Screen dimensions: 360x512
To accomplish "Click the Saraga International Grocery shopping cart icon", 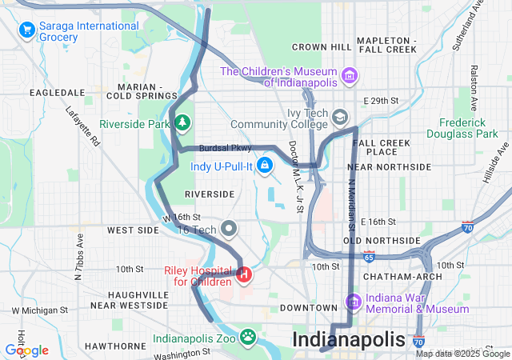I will pyautogui.click(x=28, y=30).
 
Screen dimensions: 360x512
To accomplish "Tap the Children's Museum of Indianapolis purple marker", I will pyautogui.click(x=349, y=76).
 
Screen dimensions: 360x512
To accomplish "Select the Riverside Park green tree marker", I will pyautogui.click(x=184, y=123).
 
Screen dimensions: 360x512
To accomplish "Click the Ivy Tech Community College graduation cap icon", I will pyautogui.click(x=341, y=118).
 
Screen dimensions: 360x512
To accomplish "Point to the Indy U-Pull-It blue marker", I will pyautogui.click(x=266, y=166).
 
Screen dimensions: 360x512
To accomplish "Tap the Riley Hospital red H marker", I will pyautogui.click(x=244, y=276).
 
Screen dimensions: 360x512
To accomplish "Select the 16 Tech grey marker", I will pyautogui.click(x=230, y=229).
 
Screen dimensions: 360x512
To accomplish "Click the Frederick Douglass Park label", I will pyautogui.click(x=462, y=128).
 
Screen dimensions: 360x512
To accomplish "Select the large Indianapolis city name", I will pyautogui.click(x=349, y=339).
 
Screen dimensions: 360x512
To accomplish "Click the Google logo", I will pyautogui.click(x=27, y=350).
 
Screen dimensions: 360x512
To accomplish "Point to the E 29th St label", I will pyautogui.click(x=379, y=101).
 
